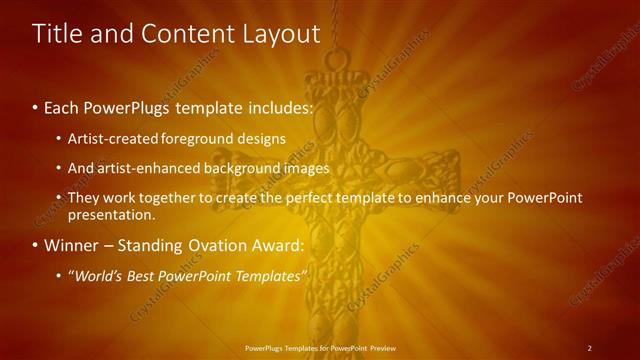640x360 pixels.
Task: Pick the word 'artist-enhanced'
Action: pyautogui.click(x=147, y=168)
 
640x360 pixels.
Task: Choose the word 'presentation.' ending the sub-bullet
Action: pyautogui.click(x=112, y=214)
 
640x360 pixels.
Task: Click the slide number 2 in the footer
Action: pyautogui.click(x=589, y=348)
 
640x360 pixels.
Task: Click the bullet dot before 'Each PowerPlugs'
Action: pyautogui.click(x=36, y=107)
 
